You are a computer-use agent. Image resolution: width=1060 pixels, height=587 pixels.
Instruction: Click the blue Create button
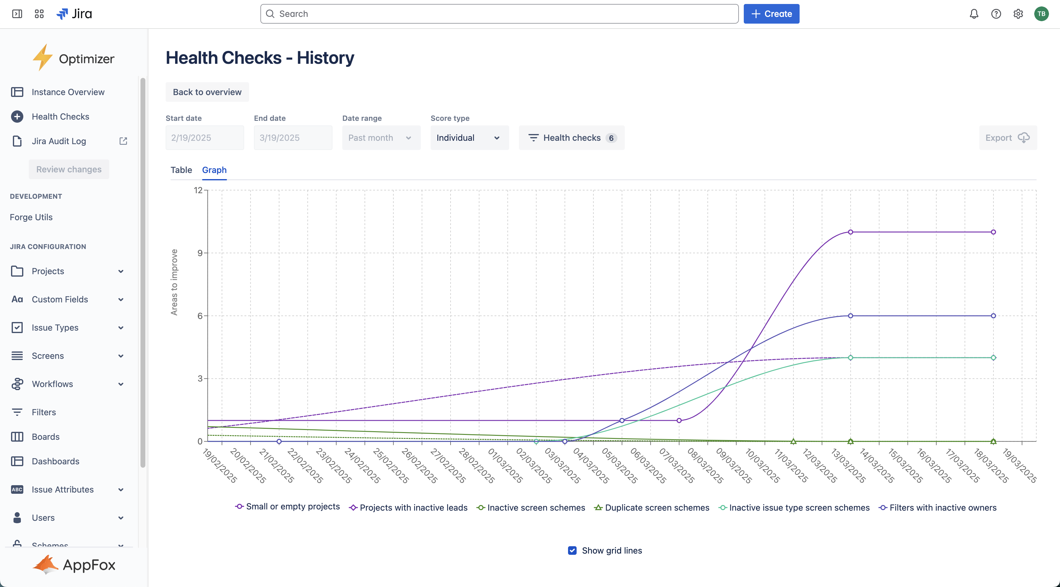tap(771, 14)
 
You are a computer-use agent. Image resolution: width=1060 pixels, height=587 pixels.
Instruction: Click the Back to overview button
tap(207, 92)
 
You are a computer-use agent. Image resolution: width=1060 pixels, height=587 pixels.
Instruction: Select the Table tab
tap(181, 170)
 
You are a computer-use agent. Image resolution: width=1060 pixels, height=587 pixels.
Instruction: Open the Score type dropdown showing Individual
tap(469, 138)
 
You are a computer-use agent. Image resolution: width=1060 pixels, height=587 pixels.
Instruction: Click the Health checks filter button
tap(572, 138)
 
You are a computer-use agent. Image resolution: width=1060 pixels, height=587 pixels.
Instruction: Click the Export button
tap(1007, 138)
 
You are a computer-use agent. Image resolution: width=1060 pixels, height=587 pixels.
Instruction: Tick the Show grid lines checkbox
tap(572, 551)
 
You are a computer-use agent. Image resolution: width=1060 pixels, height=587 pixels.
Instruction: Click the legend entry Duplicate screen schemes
tap(657, 508)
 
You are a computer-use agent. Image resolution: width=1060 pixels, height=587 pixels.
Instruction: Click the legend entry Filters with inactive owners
tap(942, 508)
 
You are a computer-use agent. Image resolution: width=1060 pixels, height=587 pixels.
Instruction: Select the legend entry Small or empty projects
tap(293, 506)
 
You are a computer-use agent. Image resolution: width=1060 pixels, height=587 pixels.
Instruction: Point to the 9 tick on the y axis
tap(200, 253)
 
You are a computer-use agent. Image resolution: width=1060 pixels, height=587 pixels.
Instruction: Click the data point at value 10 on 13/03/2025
tap(850, 232)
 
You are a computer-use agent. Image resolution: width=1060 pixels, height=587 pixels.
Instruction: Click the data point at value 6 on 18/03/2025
tap(993, 316)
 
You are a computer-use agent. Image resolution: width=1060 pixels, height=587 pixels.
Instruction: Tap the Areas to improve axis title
tap(174, 282)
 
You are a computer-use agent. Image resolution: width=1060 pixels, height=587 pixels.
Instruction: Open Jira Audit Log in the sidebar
tap(59, 141)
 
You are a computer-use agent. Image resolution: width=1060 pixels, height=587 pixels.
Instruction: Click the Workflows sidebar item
tap(52, 384)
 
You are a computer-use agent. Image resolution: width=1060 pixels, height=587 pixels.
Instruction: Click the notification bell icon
tap(974, 14)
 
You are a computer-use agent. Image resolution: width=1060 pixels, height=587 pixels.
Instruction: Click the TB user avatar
tap(1041, 14)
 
